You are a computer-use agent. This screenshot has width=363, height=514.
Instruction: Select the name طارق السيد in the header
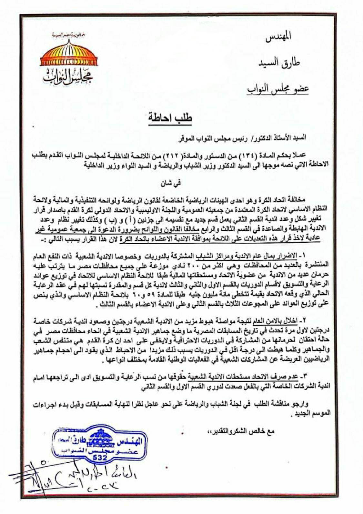click(279, 62)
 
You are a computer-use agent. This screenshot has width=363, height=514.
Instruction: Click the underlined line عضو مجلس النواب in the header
click(278, 89)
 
